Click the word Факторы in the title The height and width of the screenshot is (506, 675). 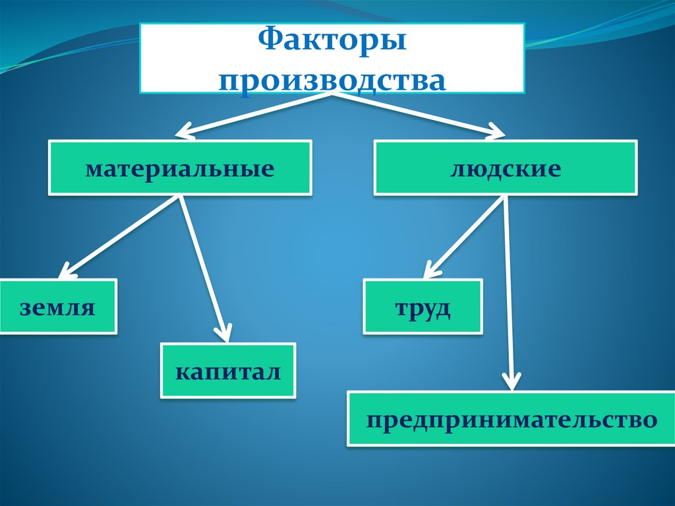coord(331,43)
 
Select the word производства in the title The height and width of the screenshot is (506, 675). coord(332,81)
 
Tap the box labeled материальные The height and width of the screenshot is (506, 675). coord(179,169)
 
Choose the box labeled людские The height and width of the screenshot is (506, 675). coord(506,169)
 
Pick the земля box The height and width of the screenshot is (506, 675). coord(58,307)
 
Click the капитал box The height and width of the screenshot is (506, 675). coord(228,370)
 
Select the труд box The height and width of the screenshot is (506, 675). coord(423,306)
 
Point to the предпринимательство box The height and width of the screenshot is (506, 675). coord(512,419)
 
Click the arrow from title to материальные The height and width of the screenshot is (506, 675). coord(257,113)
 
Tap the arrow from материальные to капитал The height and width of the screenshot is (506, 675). coord(204,264)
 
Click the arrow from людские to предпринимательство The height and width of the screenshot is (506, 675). coord(508,290)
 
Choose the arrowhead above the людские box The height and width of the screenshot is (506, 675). coord(494,132)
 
